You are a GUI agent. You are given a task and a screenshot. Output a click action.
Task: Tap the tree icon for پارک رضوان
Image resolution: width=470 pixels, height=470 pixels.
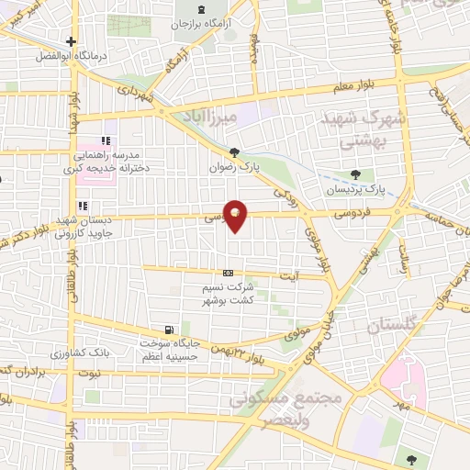pyautogui.click(x=235, y=152)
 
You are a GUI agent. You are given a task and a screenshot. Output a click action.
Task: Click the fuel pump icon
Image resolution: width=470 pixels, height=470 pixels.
pyautogui.click(x=167, y=330)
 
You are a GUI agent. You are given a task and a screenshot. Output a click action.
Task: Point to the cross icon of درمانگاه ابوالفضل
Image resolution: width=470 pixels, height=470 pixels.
pyautogui.click(x=71, y=41)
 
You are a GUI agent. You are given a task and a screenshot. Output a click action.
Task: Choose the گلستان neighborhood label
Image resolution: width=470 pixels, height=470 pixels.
pyautogui.click(x=392, y=325)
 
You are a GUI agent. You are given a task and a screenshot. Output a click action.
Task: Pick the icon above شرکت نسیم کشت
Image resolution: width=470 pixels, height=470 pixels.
pyautogui.click(x=228, y=274)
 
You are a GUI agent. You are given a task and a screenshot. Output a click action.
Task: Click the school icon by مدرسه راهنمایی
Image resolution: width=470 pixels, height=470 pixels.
pyautogui.click(x=106, y=140)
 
